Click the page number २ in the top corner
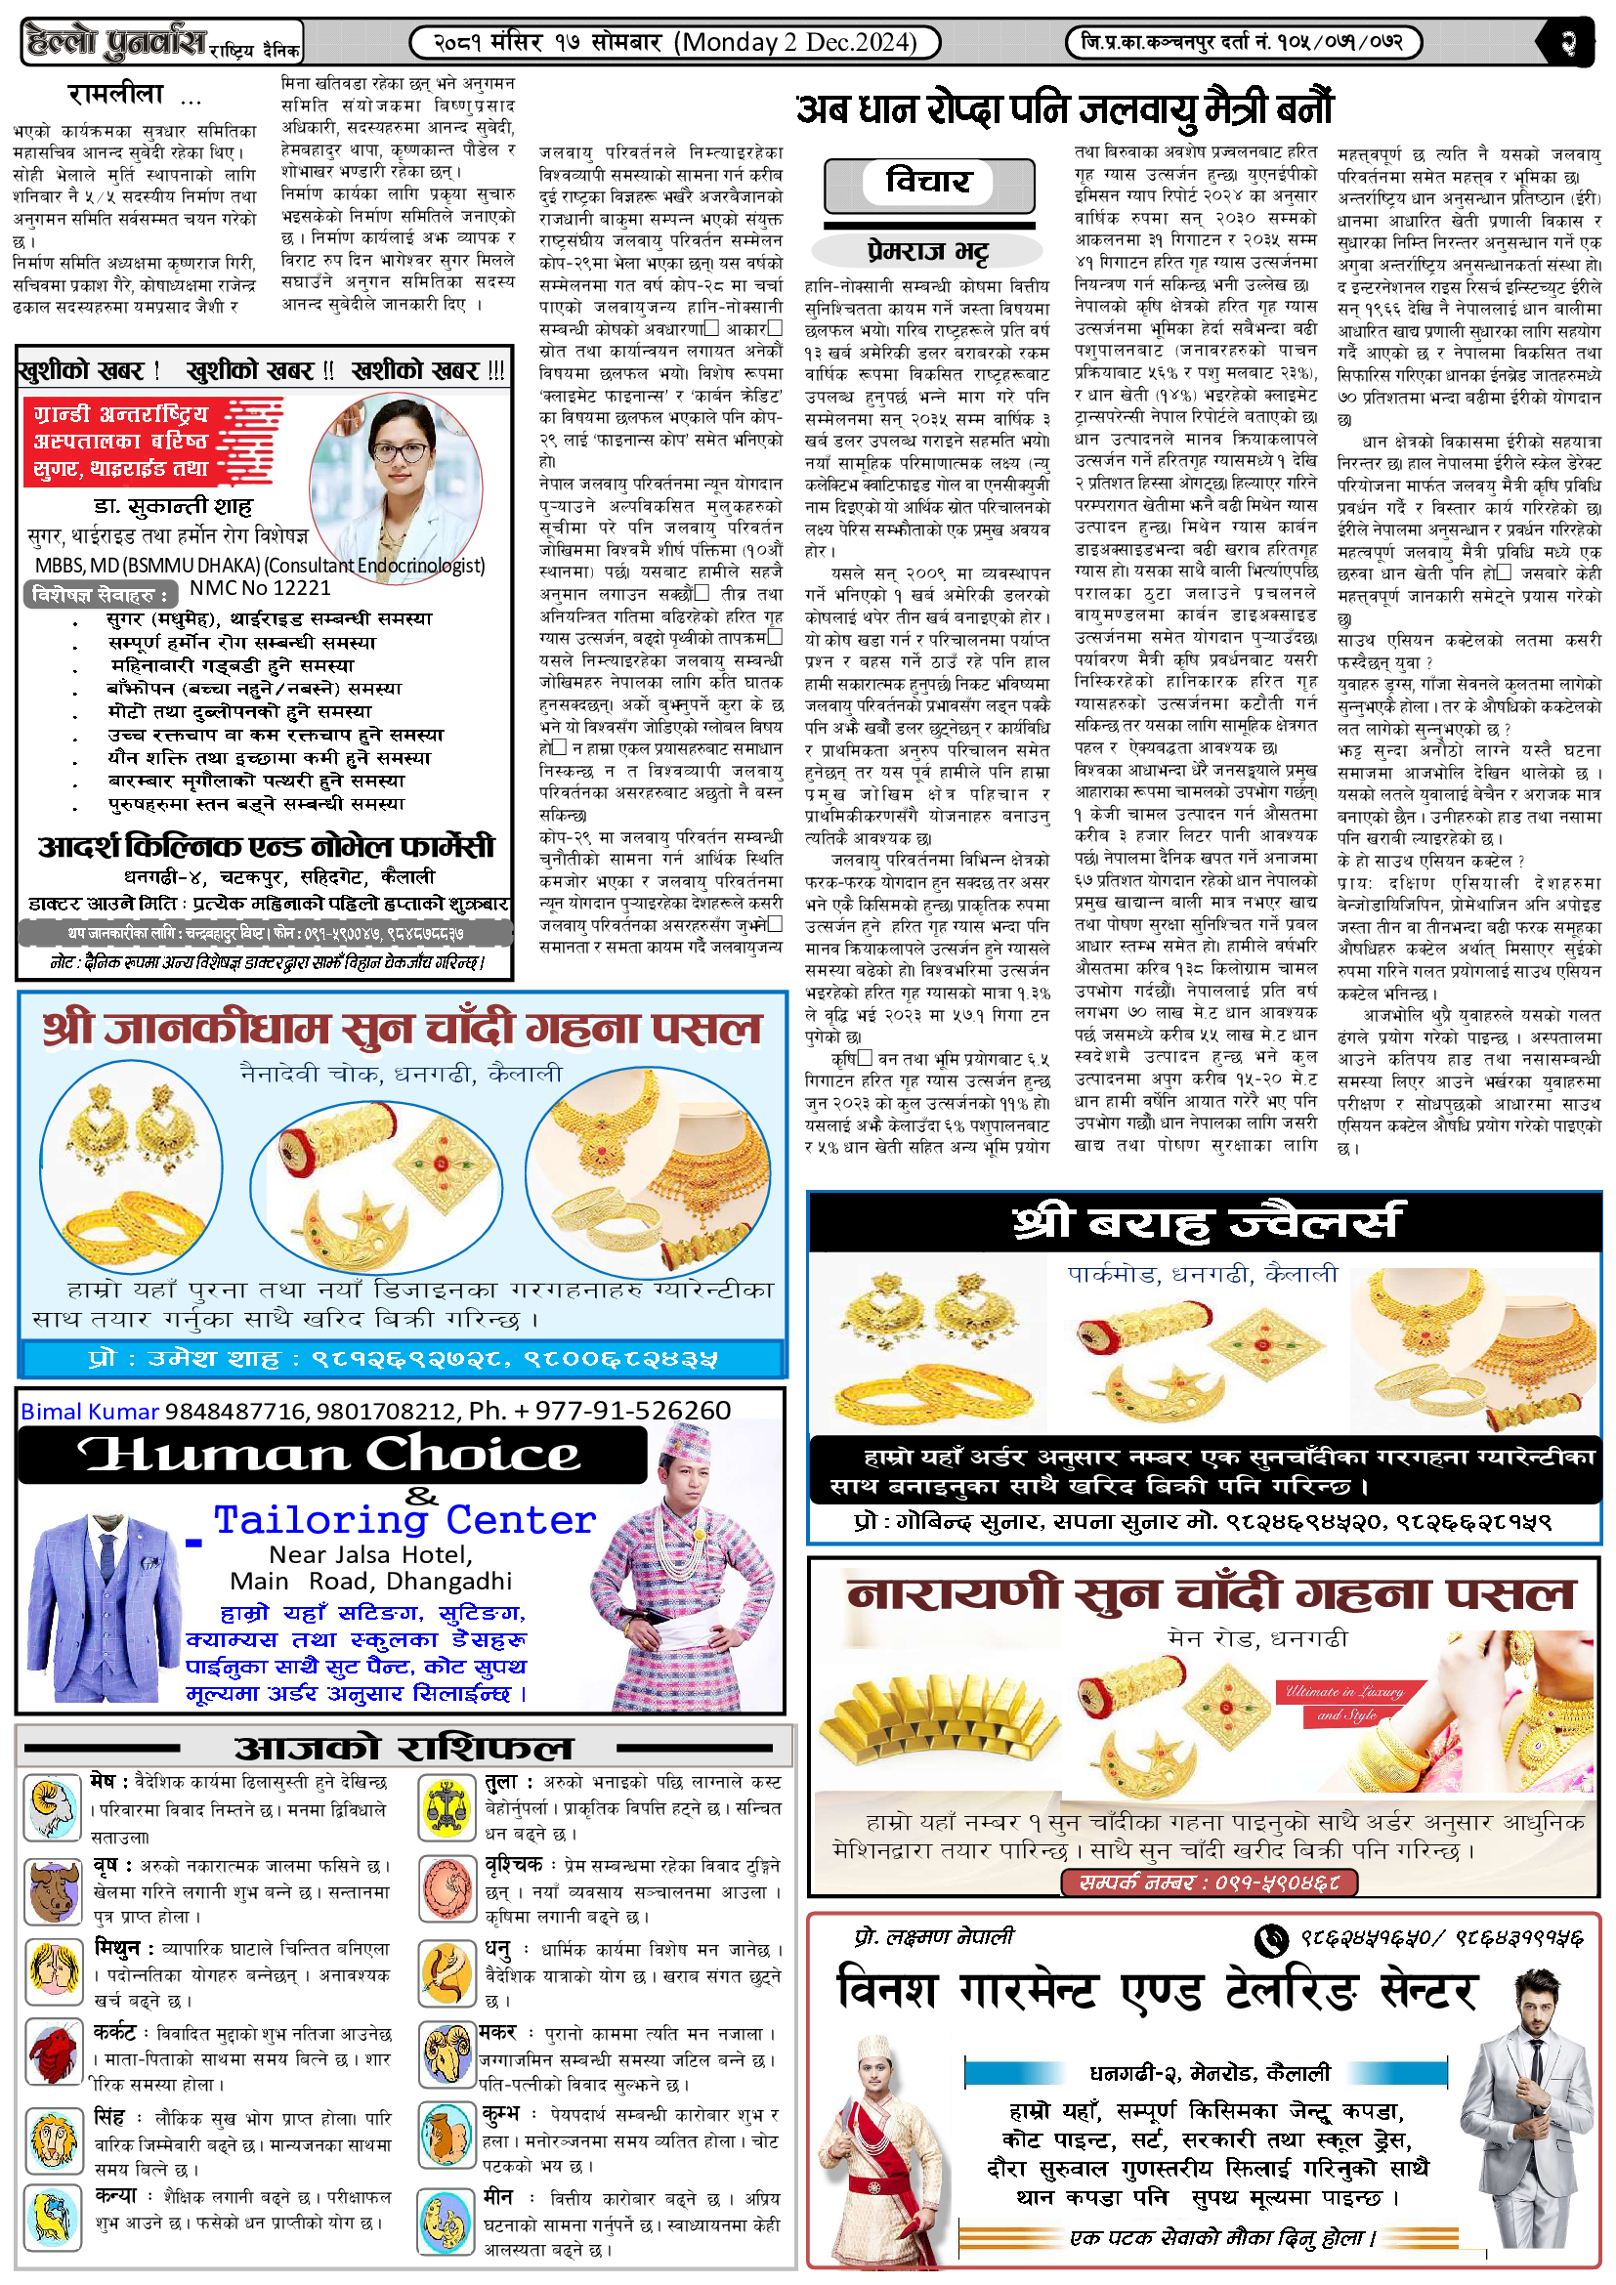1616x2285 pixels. tap(1569, 43)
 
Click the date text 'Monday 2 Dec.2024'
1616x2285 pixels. tap(795, 42)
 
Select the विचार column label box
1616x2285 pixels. tap(927, 183)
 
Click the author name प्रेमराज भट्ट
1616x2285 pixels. tap(927, 251)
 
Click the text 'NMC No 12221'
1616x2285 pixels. tap(260, 588)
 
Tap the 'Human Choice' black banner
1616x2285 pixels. tap(332, 1455)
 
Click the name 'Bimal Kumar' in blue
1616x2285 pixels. tap(90, 1411)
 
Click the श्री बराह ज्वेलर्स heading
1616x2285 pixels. tap(1204, 1223)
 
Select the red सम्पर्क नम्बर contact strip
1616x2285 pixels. tap(1209, 1881)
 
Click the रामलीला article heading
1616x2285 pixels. tap(115, 96)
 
